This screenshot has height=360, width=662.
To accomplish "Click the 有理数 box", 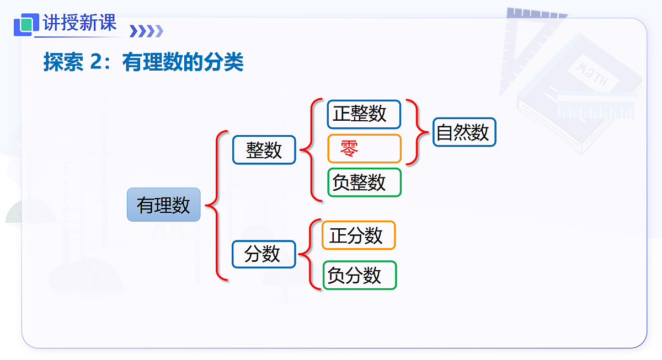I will point(163,205).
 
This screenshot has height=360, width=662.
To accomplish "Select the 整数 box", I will point(264,150).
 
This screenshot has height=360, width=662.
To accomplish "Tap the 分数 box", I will point(264,254).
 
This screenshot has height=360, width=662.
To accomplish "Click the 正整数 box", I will point(364,114).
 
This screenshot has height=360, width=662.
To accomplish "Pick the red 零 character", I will point(349,148).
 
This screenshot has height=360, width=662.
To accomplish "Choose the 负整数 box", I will point(364,182).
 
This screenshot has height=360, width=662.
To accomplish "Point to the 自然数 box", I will point(464,132).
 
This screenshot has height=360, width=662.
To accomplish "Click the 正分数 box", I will point(359,235).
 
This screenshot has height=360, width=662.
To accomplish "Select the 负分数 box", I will point(359,275).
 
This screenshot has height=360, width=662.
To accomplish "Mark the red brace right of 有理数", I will point(217,206).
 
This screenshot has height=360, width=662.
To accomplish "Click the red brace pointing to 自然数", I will point(417,132).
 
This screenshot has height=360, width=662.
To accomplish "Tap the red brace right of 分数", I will point(311,254).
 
